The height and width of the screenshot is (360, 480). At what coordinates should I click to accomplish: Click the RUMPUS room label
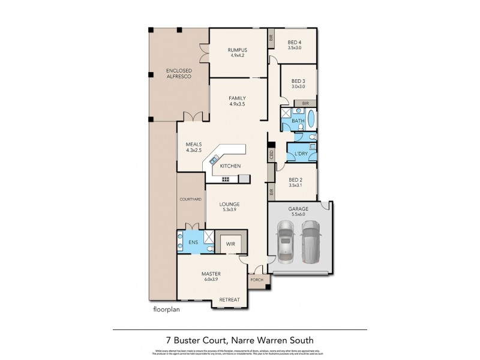pyautogui.click(x=239, y=50)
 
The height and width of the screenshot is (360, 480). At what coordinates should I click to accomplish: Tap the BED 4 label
pyautogui.click(x=294, y=42)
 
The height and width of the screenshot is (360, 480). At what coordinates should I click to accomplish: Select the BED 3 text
pyautogui.click(x=298, y=81)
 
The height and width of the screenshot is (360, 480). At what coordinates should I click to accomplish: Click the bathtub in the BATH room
pyautogui.click(x=311, y=118)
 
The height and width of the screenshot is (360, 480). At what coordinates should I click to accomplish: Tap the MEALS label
pyautogui.click(x=193, y=145)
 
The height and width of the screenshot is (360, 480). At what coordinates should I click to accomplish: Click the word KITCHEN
pyautogui.click(x=230, y=166)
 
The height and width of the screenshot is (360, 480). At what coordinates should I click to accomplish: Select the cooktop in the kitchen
pyautogui.click(x=226, y=179)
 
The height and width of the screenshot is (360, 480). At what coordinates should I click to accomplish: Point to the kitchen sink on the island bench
pyautogui.click(x=214, y=160)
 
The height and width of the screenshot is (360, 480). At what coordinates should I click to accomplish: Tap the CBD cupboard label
pyautogui.click(x=271, y=155)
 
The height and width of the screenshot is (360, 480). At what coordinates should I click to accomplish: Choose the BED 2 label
pyautogui.click(x=294, y=180)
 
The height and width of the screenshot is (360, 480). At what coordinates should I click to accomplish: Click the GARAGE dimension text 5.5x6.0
pyautogui.click(x=298, y=214)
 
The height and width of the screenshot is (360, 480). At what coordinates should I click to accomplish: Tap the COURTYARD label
pyautogui.click(x=190, y=198)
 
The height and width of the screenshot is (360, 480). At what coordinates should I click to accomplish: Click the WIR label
pyautogui.click(x=230, y=244)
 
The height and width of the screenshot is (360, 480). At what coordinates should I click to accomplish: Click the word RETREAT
pyautogui.click(x=229, y=299)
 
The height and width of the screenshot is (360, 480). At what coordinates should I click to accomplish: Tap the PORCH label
pyautogui.click(x=257, y=280)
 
